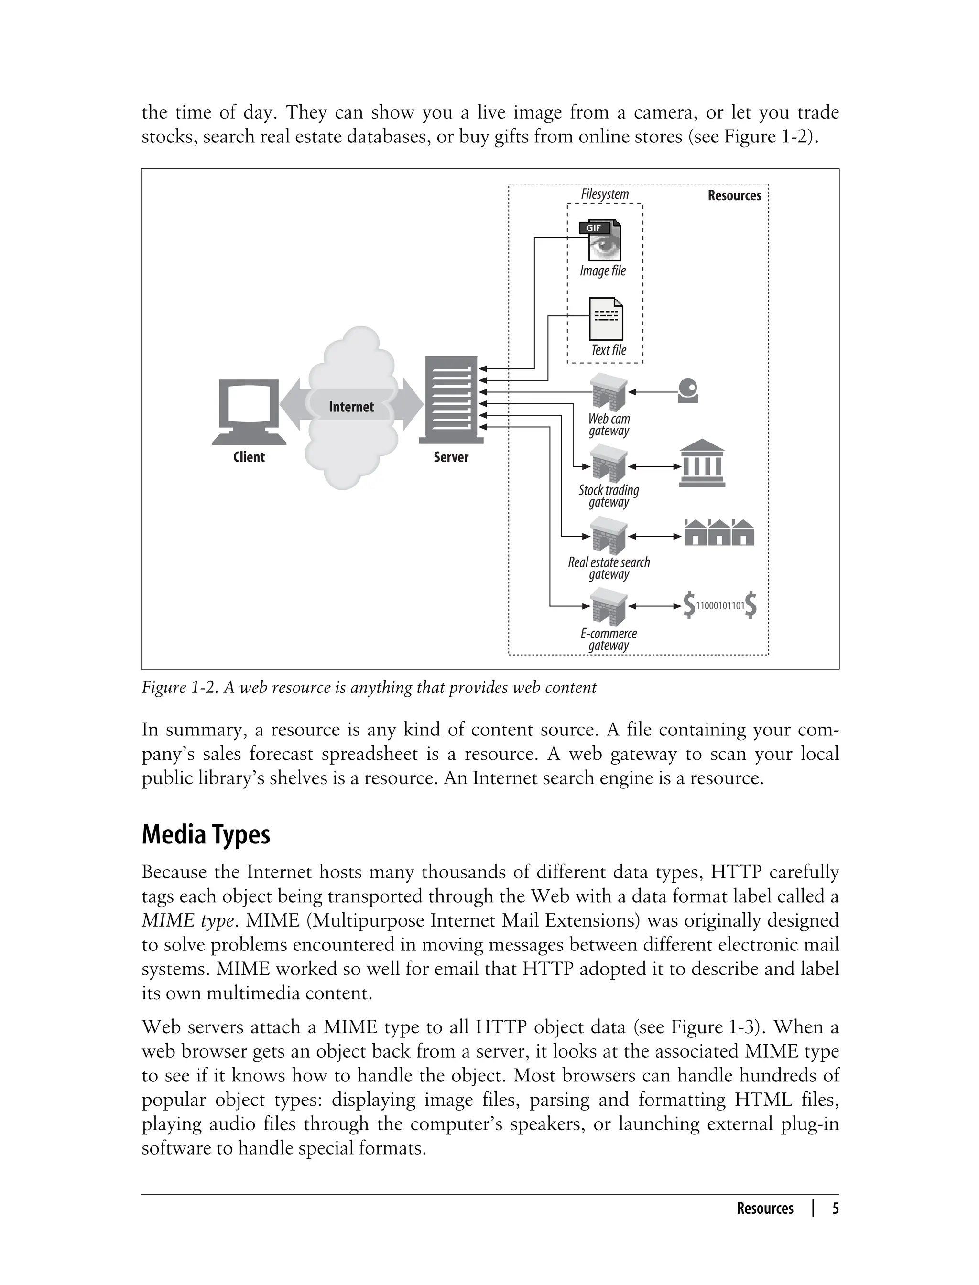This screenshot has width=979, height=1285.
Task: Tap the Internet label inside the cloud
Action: click(x=351, y=407)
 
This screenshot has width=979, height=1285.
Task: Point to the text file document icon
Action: click(x=606, y=319)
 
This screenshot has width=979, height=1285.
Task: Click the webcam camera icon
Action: click(x=688, y=391)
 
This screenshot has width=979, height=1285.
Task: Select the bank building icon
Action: click(x=702, y=464)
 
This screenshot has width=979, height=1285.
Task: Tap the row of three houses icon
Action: click(x=719, y=532)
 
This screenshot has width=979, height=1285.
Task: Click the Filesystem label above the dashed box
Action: click(x=605, y=194)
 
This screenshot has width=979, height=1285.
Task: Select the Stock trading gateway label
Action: click(x=609, y=496)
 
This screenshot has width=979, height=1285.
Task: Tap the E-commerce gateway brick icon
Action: click(x=609, y=607)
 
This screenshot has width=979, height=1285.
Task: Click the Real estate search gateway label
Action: click(x=609, y=568)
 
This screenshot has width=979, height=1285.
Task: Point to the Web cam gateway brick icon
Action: click(x=609, y=391)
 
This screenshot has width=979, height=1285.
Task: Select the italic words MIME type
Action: click(x=188, y=920)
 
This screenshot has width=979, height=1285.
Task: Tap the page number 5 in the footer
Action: click(x=835, y=1208)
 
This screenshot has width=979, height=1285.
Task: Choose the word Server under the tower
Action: click(x=451, y=457)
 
